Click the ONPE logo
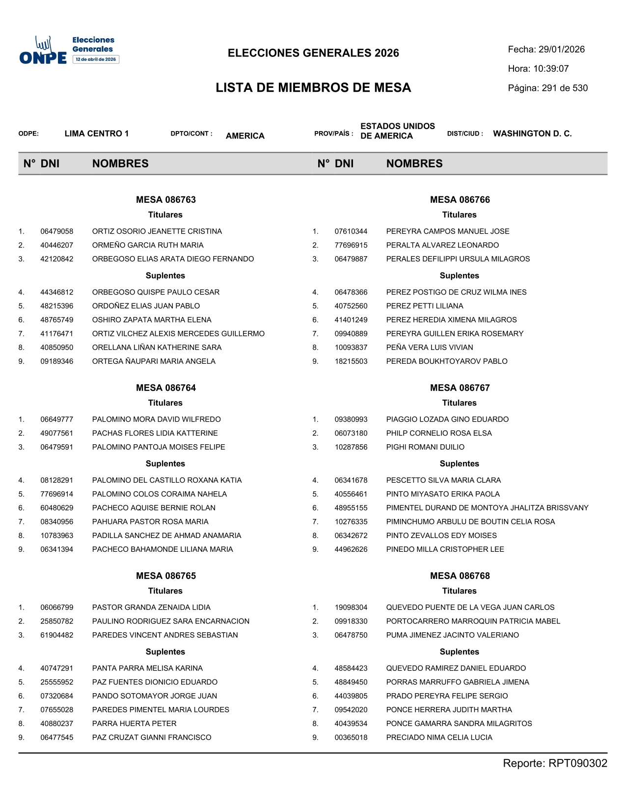coord(43,51)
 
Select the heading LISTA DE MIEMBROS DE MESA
coord(313,88)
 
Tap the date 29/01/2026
coord(561,50)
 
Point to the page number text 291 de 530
coord(565,88)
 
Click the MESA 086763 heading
coord(165,200)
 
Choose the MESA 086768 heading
coord(460,576)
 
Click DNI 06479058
coord(57,232)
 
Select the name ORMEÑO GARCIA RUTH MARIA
coord(147,245)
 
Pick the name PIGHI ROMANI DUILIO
coord(425,447)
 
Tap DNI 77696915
coord(351,245)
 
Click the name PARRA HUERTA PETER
coord(134,724)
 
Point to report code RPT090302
coord(577,763)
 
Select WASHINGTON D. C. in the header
coord(532,134)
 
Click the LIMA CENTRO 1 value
coord(97,134)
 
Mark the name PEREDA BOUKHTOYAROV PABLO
coord(447,361)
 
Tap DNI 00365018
coord(351,737)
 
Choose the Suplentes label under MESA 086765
coord(165,652)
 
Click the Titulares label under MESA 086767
coord(459,403)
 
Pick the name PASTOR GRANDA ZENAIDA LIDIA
coord(151,608)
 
